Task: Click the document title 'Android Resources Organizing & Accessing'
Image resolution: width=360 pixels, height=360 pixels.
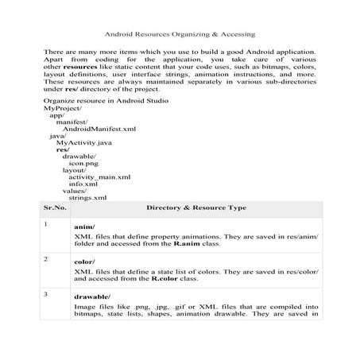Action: pos(180,35)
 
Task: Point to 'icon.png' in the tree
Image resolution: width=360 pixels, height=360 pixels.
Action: pos(84,163)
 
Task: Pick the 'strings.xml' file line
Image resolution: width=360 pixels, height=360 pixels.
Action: pos(87,197)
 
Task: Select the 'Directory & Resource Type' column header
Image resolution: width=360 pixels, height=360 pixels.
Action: pos(196,207)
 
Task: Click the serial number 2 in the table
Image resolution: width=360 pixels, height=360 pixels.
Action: pos(47,259)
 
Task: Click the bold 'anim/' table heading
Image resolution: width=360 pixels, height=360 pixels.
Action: pos(83,228)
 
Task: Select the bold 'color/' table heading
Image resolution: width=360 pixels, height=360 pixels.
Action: pos(83,263)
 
